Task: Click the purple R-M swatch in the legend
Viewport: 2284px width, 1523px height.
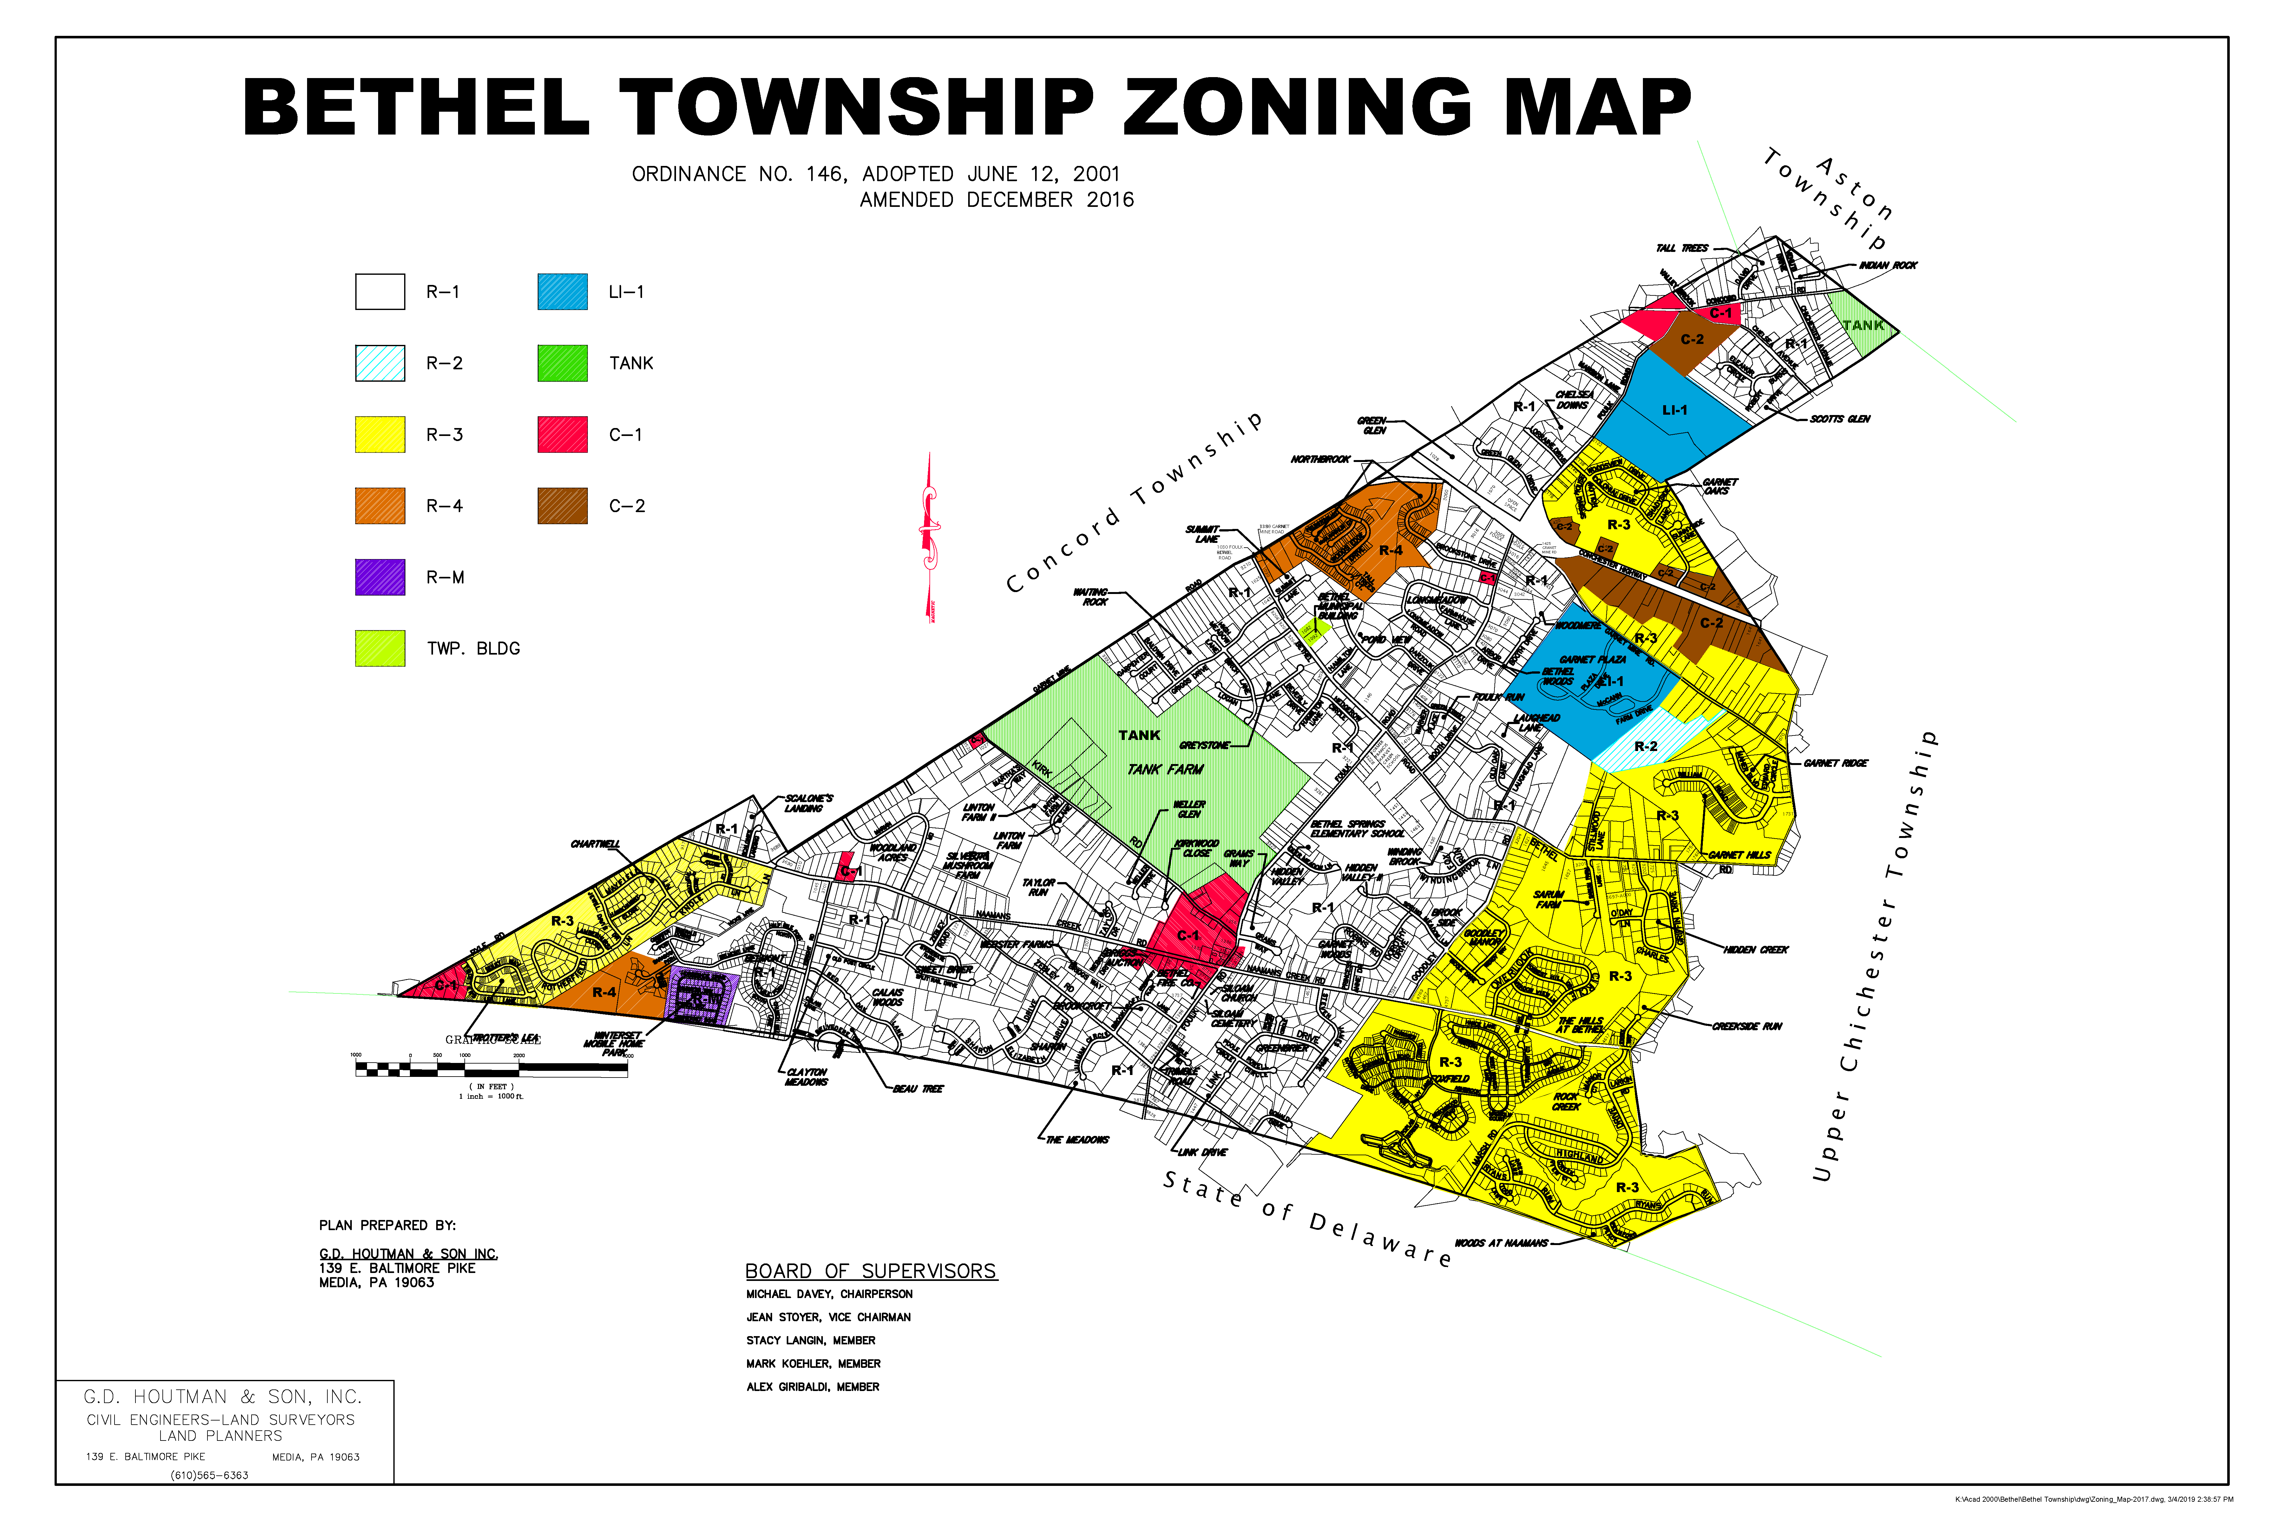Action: [x=380, y=577]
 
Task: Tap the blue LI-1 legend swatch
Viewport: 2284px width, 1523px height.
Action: [x=562, y=291]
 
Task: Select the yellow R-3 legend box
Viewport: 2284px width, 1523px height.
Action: [x=380, y=434]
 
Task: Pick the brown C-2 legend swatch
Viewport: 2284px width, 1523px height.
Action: [x=562, y=506]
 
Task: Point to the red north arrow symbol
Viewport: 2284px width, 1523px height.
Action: [x=930, y=534]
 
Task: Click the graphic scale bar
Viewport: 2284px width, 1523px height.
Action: [x=491, y=1069]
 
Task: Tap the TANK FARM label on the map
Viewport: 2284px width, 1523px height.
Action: [x=1164, y=769]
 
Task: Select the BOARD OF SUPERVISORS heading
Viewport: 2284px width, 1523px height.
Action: [x=870, y=1271]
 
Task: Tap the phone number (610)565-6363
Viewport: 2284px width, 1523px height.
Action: [x=210, y=1475]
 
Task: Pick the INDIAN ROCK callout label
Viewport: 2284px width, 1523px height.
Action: [x=1888, y=265]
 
